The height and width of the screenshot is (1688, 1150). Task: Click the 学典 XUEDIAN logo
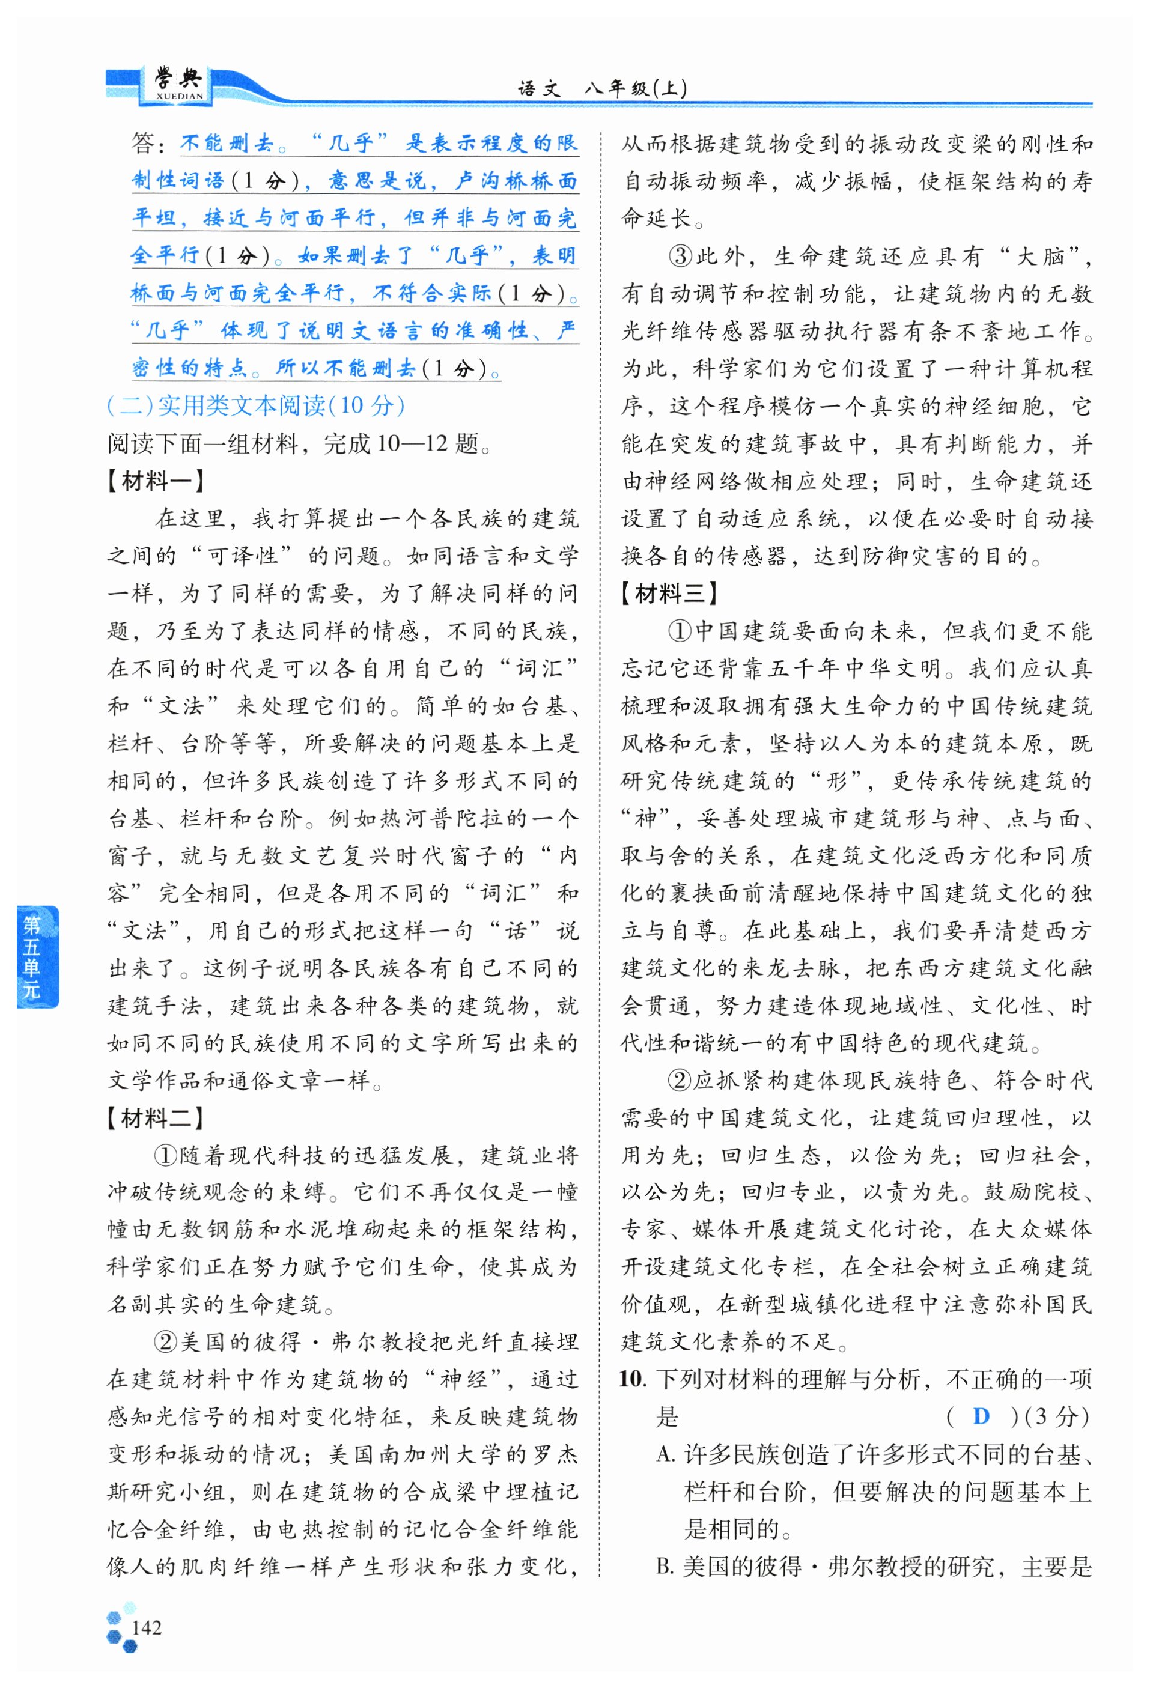point(178,84)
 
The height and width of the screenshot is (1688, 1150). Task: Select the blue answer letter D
point(981,1416)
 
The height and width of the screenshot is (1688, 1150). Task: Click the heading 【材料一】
point(155,480)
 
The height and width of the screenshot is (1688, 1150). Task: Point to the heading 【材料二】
point(155,1117)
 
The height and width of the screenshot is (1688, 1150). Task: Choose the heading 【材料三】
point(668,593)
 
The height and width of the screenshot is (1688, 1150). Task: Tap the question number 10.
point(632,1378)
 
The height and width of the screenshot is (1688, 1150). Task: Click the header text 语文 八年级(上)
point(601,89)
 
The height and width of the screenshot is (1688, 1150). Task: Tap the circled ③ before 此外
point(680,256)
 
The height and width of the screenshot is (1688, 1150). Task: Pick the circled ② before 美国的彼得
point(166,1341)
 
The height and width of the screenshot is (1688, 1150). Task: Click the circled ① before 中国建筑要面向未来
point(680,631)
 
